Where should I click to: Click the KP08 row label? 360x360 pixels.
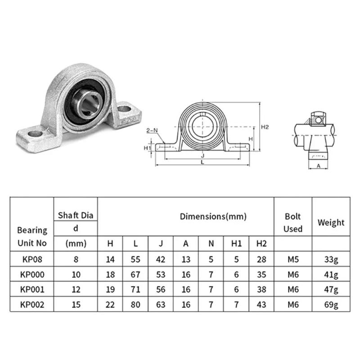click(x=31, y=259)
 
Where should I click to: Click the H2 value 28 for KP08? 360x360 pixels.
click(x=261, y=259)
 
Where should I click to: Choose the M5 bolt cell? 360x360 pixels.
click(x=293, y=259)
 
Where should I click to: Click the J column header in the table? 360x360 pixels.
click(x=161, y=243)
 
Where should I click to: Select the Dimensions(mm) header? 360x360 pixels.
click(x=213, y=216)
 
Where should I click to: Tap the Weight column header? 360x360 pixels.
click(x=331, y=222)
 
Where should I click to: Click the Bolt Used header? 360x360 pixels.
click(x=293, y=222)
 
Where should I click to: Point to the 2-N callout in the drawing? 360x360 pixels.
click(x=153, y=131)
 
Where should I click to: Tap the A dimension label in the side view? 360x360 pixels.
click(x=319, y=166)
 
